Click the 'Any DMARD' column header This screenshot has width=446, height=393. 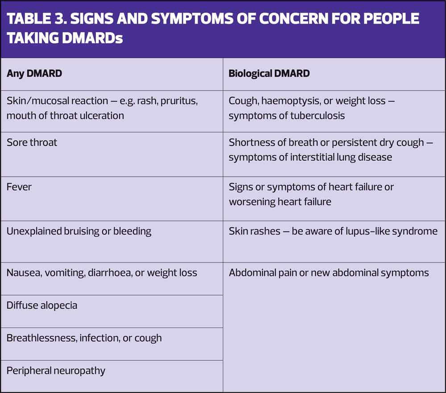[34, 73]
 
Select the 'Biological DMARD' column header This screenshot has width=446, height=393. [269, 73]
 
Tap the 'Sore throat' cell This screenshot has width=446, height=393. [32, 142]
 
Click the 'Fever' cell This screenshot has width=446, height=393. [19, 187]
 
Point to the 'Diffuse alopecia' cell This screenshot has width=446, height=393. [42, 305]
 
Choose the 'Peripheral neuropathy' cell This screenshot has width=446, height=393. [56, 371]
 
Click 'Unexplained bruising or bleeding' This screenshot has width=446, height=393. [79, 231]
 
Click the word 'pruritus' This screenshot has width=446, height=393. [178, 101]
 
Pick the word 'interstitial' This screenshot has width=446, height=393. [306, 157]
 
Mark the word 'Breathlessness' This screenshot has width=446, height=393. [41, 338]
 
